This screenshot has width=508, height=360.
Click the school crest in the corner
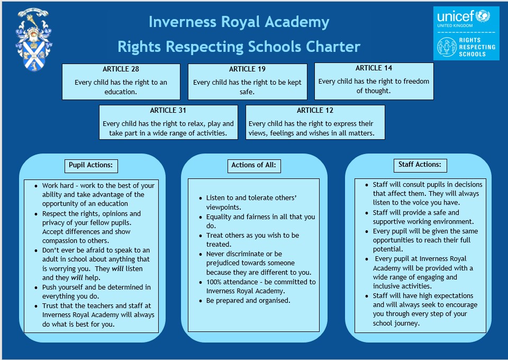pyautogui.click(x=34, y=40)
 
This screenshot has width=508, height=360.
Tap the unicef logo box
pyautogui.click(x=466, y=33)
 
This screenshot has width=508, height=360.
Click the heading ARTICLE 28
pyautogui.click(x=121, y=69)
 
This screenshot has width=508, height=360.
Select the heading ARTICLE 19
pyautogui.click(x=247, y=69)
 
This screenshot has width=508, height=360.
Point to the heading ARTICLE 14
pyautogui.click(x=374, y=68)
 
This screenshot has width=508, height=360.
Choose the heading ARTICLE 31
pyautogui.click(x=168, y=111)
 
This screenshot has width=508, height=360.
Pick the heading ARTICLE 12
pyautogui.click(x=315, y=111)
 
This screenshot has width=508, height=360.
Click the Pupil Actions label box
pyautogui.click(x=91, y=166)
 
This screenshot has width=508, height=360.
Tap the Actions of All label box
pyautogui.click(x=254, y=166)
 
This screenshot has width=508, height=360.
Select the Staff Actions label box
pyautogui.click(x=420, y=165)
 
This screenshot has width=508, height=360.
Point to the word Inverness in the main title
pyautogui.click(x=183, y=22)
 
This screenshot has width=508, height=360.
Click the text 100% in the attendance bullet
pyautogui.click(x=214, y=282)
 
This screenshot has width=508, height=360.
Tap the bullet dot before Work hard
pyautogui.click(x=36, y=186)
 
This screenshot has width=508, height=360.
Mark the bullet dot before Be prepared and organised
pyautogui.click(x=201, y=301)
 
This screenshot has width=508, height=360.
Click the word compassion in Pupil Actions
pyautogui.click(x=59, y=241)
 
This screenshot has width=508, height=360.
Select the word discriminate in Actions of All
pyautogui.click(x=237, y=254)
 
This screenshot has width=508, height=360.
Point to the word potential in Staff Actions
pyautogui.click(x=388, y=249)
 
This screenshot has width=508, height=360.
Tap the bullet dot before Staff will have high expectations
pyautogui.click(x=367, y=296)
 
